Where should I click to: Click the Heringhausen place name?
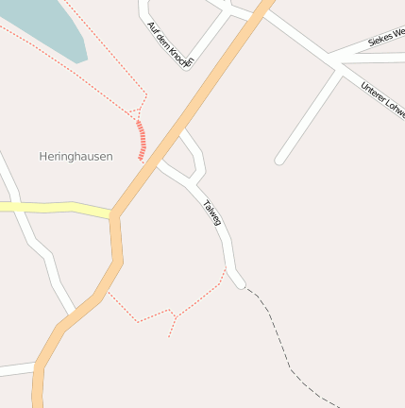click(76, 156)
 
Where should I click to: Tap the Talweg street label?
click(212, 212)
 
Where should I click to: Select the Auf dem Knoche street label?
click(170, 43)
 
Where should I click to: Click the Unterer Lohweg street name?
click(382, 100)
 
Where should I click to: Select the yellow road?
click(57, 207)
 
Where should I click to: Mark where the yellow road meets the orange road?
click(113, 214)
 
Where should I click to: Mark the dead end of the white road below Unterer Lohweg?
click(279, 161)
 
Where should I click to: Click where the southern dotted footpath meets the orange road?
click(107, 291)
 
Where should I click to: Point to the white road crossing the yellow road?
click(21, 209)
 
